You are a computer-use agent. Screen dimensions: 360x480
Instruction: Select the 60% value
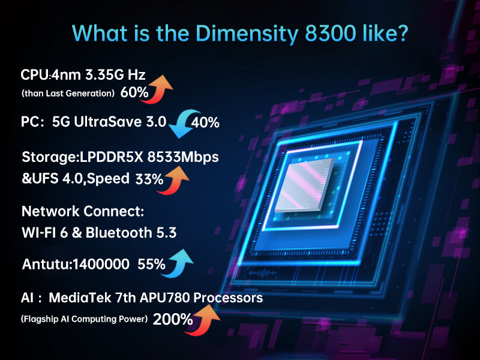[x=134, y=92]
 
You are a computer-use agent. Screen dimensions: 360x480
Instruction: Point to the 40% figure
[x=206, y=122]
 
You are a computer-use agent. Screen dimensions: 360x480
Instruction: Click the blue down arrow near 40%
[x=179, y=122]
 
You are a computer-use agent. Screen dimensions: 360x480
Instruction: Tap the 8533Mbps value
[x=186, y=157]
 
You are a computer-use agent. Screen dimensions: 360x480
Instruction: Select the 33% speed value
[x=149, y=179]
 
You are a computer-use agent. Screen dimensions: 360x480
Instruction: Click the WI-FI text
[x=41, y=233]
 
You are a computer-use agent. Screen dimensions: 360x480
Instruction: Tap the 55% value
[x=151, y=263]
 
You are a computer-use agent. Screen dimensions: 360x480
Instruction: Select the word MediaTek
[x=77, y=297]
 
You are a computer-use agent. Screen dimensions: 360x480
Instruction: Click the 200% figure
[x=173, y=319]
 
